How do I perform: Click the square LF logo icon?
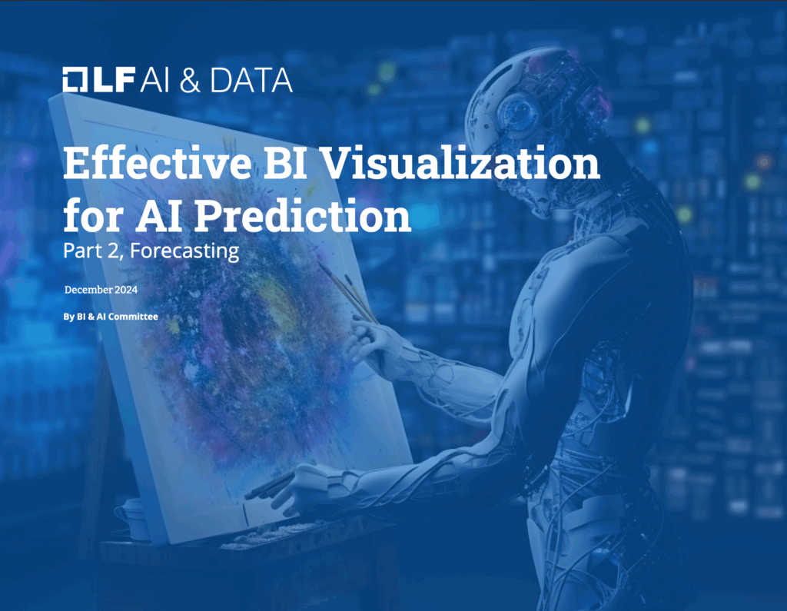(x=77, y=80)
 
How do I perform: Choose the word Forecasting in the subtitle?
(x=184, y=251)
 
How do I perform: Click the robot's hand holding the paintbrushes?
(x=367, y=338)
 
